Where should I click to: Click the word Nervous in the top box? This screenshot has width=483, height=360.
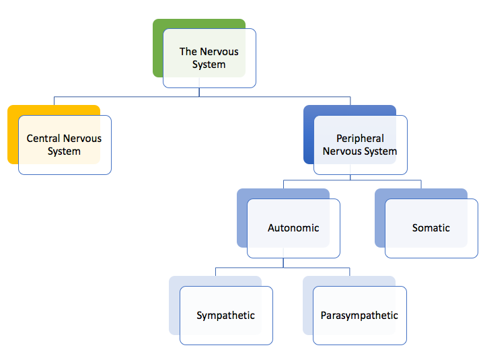[219, 51]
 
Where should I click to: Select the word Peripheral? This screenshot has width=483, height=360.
[360, 139]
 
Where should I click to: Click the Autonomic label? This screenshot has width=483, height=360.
[293, 228]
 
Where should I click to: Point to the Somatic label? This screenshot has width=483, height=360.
[431, 228]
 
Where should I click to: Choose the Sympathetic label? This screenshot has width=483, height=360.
[225, 316]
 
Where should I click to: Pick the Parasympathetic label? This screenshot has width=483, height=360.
[359, 316]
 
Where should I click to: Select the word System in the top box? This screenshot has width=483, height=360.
[209, 65]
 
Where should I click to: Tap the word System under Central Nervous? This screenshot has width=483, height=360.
[64, 151]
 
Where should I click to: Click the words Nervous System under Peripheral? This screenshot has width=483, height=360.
[360, 151]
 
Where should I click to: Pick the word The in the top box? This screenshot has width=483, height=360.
[188, 51]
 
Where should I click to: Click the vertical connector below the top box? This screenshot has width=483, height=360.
[199, 92]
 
